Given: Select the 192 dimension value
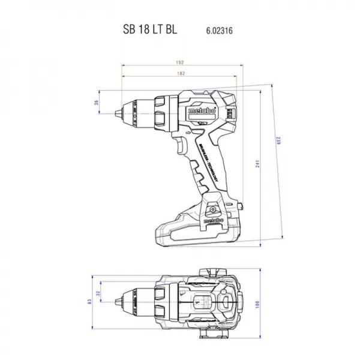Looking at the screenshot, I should point(179,62).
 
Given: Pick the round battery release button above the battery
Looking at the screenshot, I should point(211,208).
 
